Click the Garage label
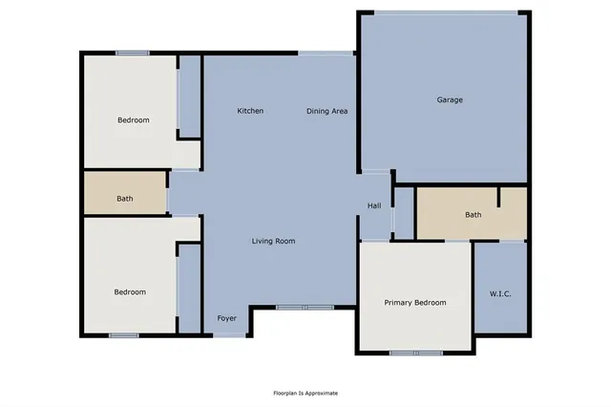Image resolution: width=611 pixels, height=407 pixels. coord(450,99)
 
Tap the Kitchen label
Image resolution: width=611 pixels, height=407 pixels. coord(250,111)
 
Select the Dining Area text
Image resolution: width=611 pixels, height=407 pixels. coord(327,111)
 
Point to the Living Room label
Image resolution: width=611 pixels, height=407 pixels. coord(273,241)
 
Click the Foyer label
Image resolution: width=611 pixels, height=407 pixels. coord(226,318)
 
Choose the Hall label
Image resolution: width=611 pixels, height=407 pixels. coord(374,205)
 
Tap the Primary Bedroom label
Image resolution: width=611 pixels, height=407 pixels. coord(415,302)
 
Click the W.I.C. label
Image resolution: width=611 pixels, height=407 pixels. coord(500,293)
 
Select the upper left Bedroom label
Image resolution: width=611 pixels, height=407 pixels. coord(133,119)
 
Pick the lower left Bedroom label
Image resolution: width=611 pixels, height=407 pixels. coord(130,291)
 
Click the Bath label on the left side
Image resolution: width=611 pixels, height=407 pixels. coord(125,199)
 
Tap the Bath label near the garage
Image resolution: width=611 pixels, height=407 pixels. coord(474,214)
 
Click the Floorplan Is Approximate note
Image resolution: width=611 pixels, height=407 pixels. coord(305,393)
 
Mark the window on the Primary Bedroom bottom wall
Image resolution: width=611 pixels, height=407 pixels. coord(415,353)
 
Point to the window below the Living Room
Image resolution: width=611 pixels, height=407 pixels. coord(305,308)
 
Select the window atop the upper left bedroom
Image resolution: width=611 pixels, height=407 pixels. coord(132,53)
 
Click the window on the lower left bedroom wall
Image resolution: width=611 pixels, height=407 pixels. coord(123,334)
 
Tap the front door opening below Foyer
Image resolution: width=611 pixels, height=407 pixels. coord(228,334)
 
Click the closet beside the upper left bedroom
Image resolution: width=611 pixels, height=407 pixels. coord(190,96)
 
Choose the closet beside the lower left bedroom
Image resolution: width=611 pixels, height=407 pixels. coord(190,288)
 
